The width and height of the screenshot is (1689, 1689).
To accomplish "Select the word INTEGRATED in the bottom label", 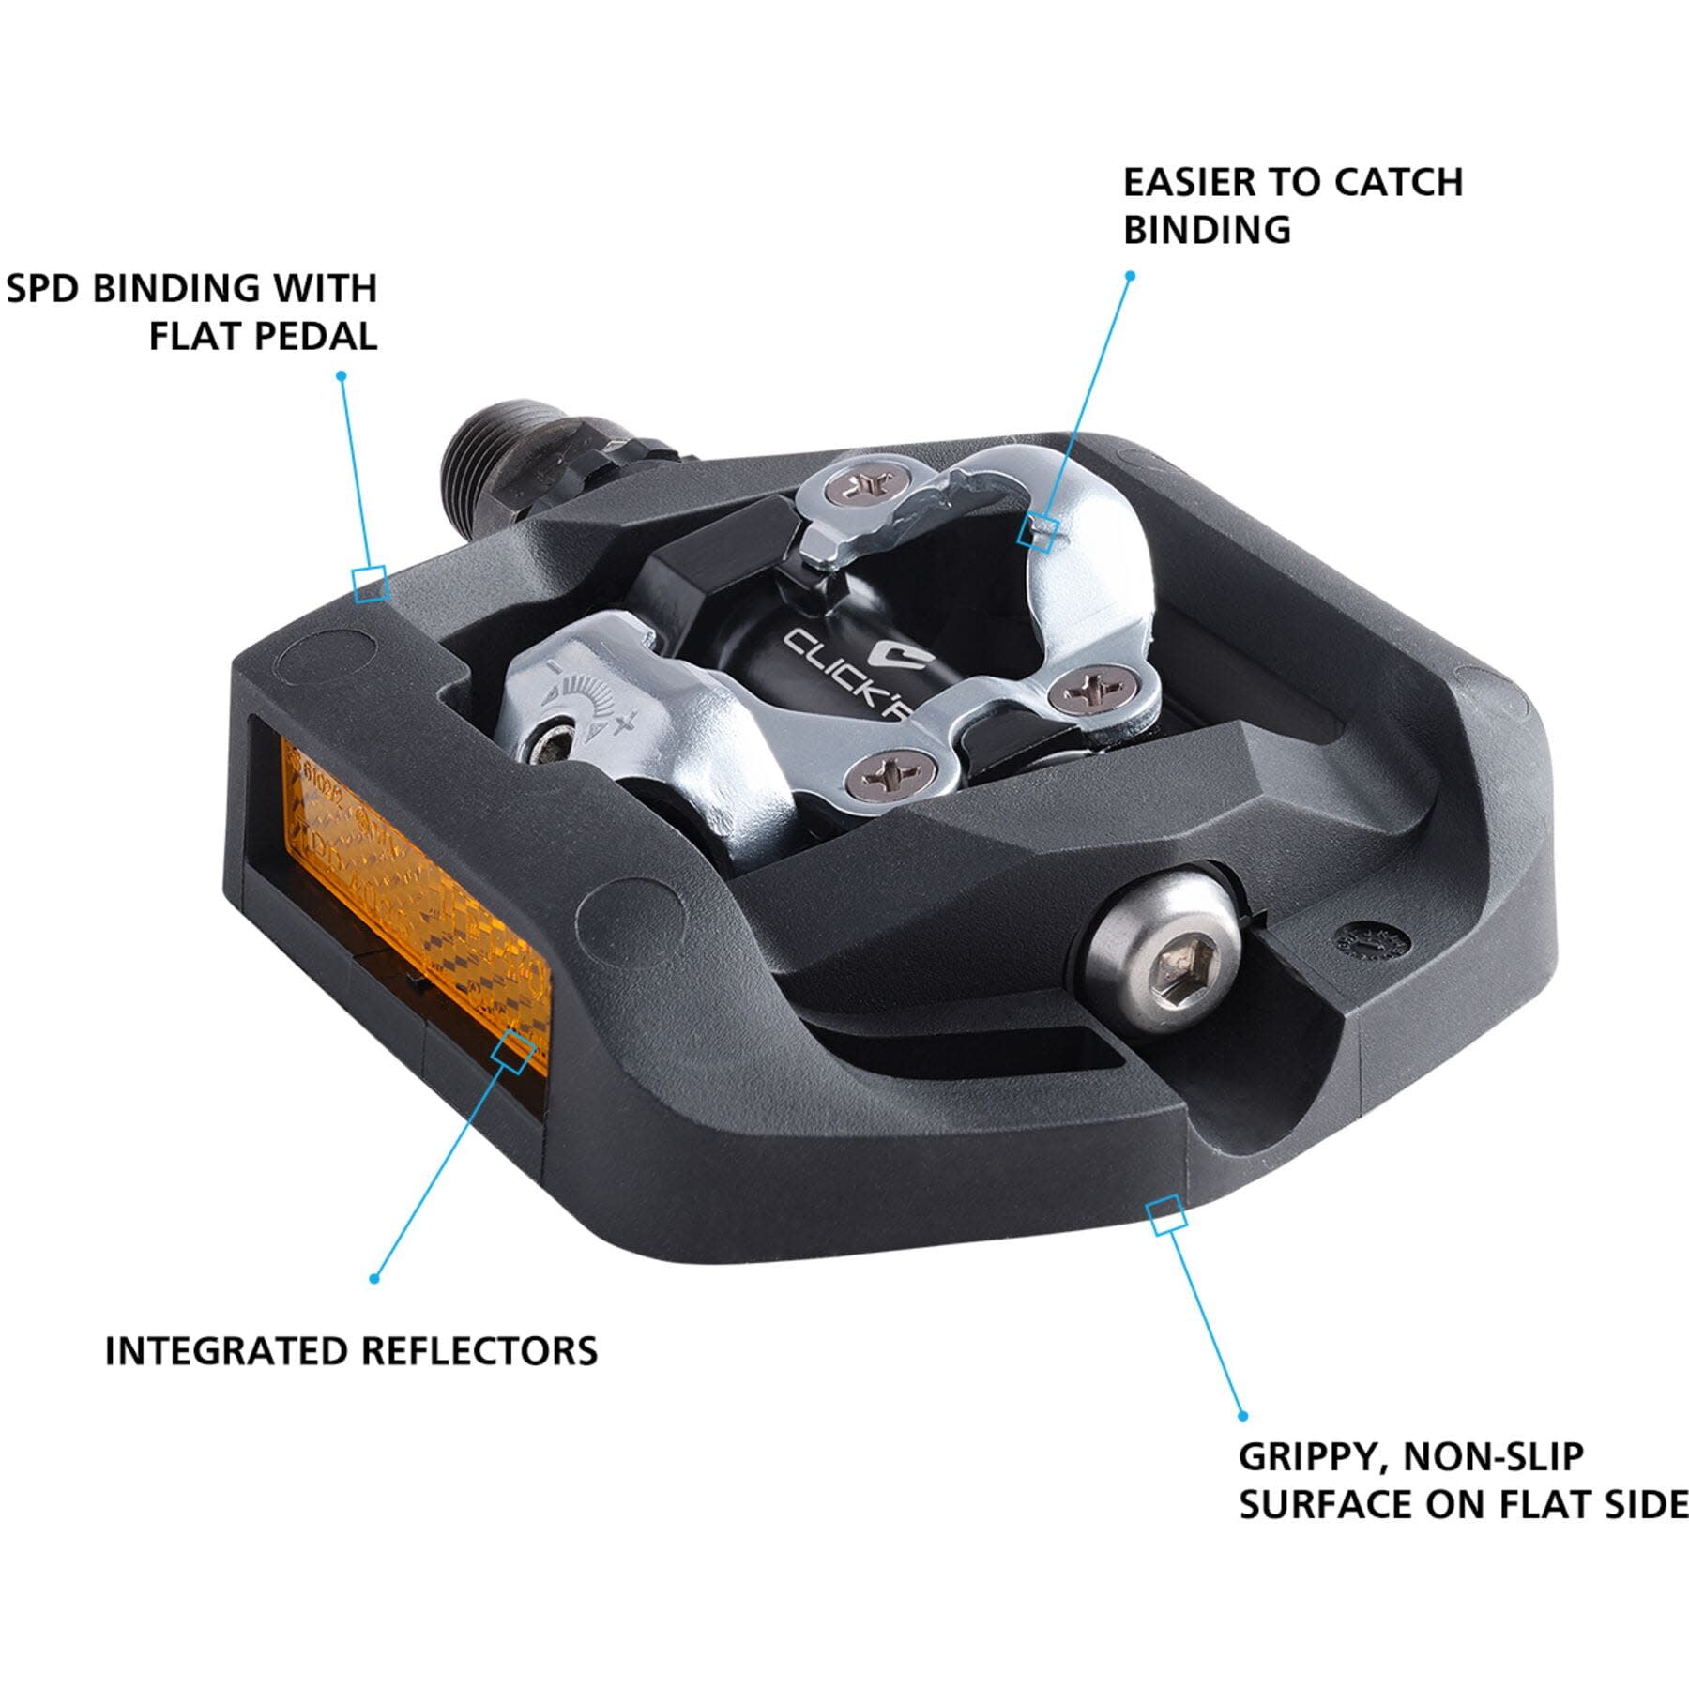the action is click(226, 1351).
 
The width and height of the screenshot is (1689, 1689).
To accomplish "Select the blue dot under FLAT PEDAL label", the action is click(342, 375).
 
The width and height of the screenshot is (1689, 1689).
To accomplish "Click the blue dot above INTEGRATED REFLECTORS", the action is click(373, 1279).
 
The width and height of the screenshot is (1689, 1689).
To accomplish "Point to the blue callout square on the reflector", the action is click(514, 1050).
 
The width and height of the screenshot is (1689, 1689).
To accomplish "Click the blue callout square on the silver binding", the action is click(1039, 532).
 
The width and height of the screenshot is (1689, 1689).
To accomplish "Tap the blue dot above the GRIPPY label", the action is click(1243, 1416).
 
